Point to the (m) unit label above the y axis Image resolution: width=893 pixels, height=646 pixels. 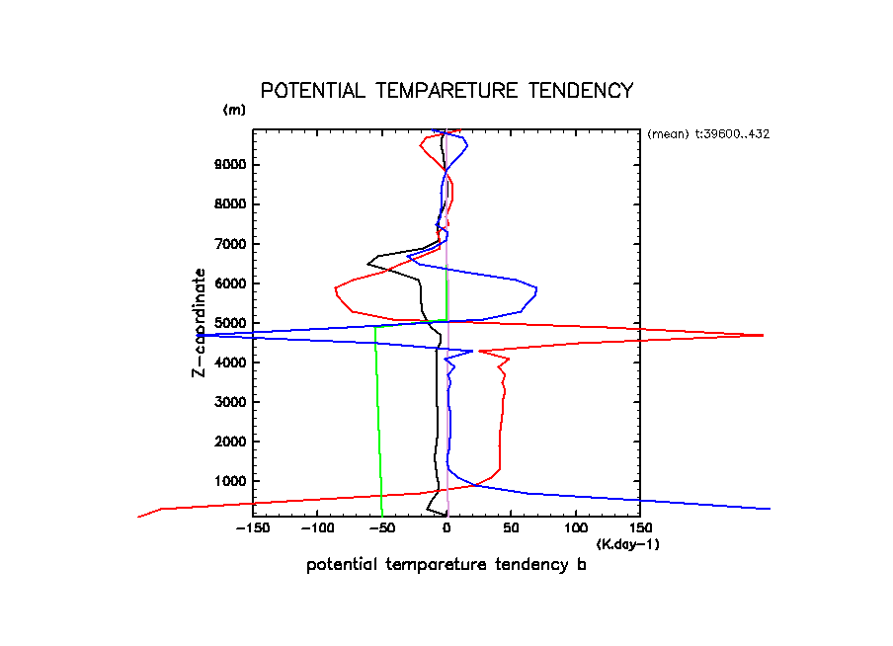point(234,110)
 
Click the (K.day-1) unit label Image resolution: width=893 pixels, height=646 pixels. point(628,544)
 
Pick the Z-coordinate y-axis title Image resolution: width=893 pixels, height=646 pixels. point(200,323)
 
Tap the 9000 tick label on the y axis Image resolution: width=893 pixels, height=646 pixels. point(229,165)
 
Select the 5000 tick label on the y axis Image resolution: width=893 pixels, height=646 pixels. point(229,323)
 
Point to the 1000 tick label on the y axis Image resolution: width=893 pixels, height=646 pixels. point(229,481)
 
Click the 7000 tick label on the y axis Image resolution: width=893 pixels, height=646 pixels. point(229,244)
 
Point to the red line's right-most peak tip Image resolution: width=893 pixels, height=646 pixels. point(764,336)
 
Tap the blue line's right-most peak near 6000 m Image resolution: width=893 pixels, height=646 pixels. point(536,288)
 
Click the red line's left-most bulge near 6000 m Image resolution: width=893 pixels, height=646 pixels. point(336,288)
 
